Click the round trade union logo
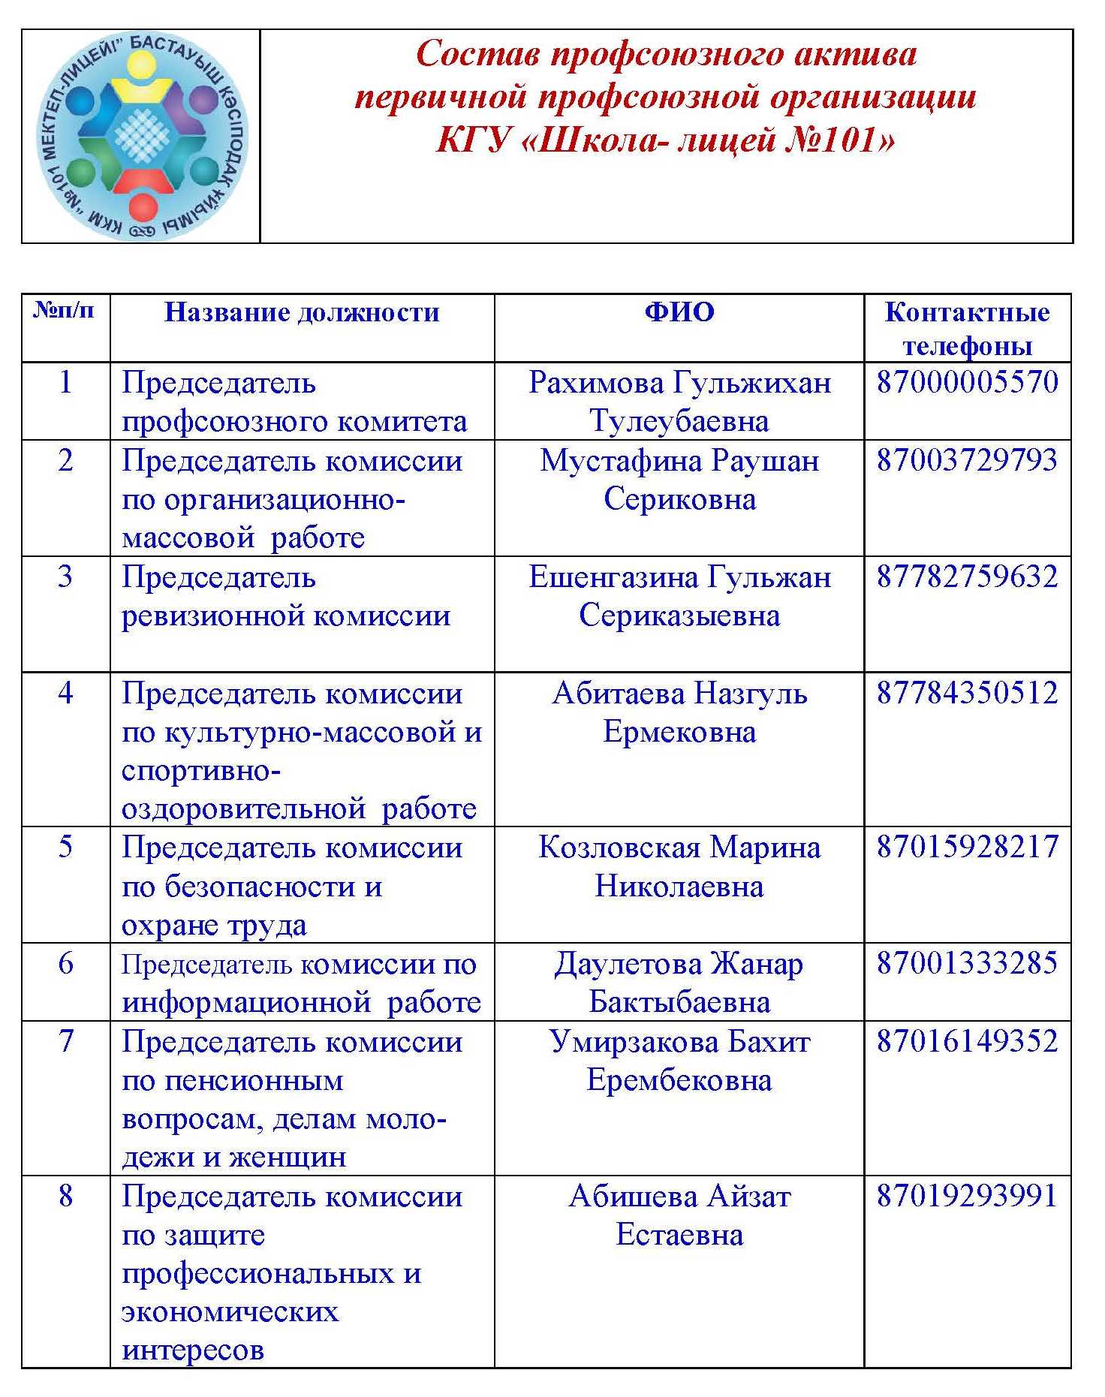click(x=142, y=137)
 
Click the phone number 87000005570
click(x=968, y=382)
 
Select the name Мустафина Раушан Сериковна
click(x=679, y=480)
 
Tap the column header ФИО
click(x=679, y=312)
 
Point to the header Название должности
click(x=302, y=312)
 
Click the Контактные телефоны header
click(x=967, y=329)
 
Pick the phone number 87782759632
click(x=968, y=577)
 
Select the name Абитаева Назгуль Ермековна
click(x=679, y=712)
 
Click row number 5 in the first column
click(x=66, y=847)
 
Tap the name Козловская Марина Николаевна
click(x=679, y=866)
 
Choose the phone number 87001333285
click(x=968, y=963)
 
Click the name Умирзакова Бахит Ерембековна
click(x=679, y=1060)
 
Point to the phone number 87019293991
click(x=968, y=1196)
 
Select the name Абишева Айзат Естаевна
click(x=679, y=1215)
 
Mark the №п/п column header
click(x=65, y=310)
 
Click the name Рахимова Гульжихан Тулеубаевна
click(x=679, y=402)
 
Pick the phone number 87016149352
click(x=968, y=1041)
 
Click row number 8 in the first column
click(x=66, y=1196)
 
